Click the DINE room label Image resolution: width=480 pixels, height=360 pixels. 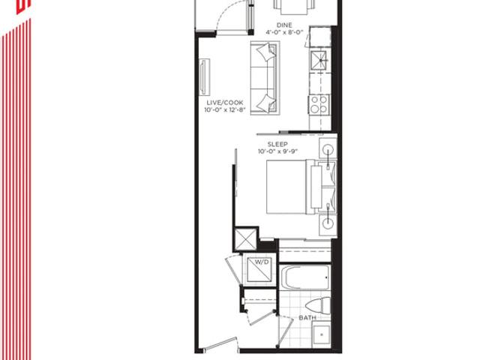(284, 25)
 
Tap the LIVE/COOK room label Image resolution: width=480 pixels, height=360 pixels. (225, 103)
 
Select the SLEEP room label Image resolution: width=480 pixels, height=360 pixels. (277, 144)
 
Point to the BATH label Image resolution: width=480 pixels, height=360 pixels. (307, 318)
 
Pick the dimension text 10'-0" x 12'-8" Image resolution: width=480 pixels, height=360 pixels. (225, 110)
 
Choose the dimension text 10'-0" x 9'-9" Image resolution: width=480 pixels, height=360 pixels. (277, 151)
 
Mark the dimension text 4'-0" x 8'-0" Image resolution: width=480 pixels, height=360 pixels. (284, 32)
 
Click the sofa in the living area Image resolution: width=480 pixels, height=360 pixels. (265, 78)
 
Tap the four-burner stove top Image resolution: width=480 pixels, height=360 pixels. (319, 104)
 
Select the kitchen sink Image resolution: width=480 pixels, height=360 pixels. (319, 60)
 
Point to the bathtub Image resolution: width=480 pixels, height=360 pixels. (305, 277)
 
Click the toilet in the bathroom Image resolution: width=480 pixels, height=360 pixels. (318, 305)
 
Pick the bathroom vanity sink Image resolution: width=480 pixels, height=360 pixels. (322, 334)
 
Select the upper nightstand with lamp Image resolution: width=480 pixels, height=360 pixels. (328, 148)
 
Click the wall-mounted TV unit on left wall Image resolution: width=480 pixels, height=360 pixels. (205, 77)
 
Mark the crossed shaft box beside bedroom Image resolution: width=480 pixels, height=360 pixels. (245, 239)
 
